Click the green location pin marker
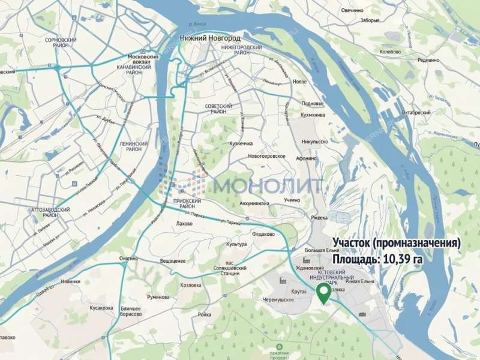[323, 293]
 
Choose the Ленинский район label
[134, 147]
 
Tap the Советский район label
[218, 108]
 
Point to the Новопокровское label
[266, 156]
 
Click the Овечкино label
[353, 10]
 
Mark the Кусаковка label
[101, 308]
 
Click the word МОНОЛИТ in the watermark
[268, 185]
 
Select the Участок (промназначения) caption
[397, 244]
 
